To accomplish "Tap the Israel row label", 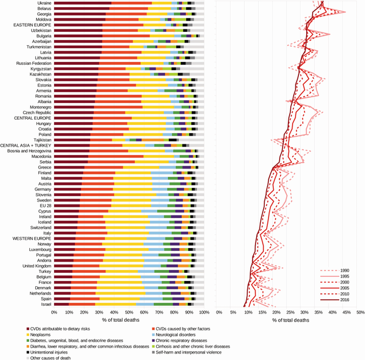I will (45, 304).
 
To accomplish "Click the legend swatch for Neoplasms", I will (28, 333).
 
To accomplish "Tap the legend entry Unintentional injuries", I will (55, 352).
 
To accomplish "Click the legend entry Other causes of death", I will (54, 358).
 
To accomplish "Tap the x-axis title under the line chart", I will (288, 320).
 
